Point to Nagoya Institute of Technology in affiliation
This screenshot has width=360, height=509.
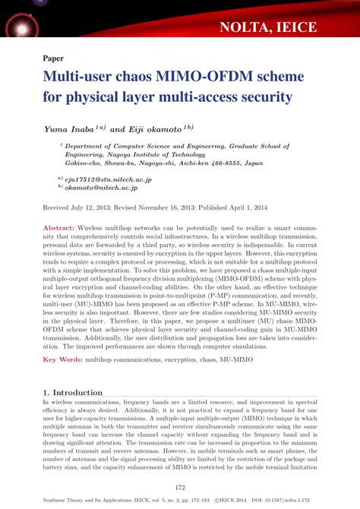click(150, 152)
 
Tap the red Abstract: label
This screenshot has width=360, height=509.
click(58, 228)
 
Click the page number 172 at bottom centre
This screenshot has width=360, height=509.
click(180, 487)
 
